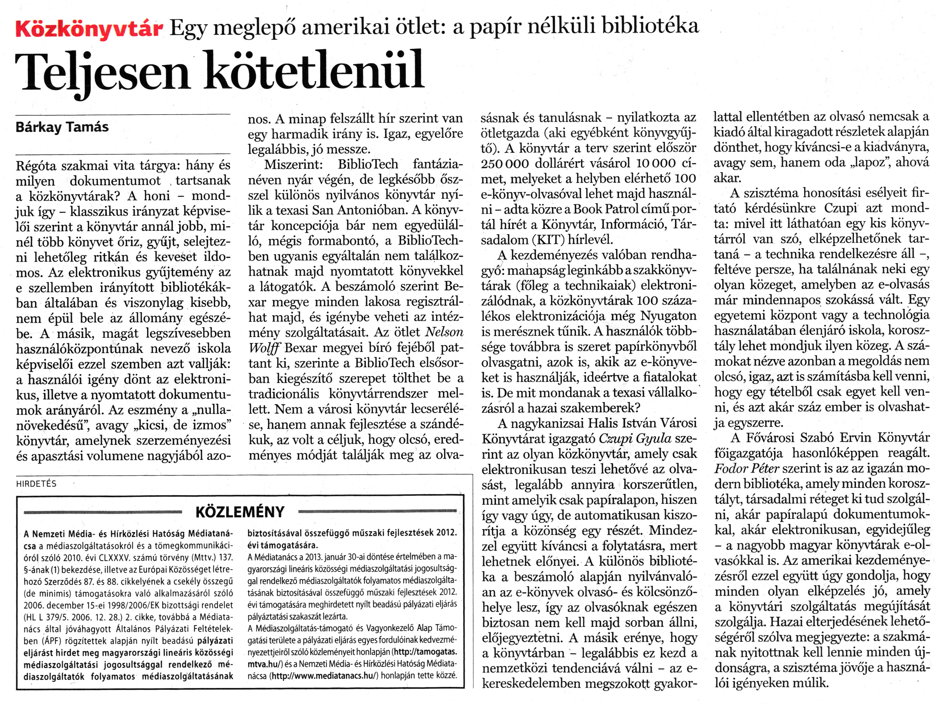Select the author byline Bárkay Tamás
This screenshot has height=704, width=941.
point(62,127)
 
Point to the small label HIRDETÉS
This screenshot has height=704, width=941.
point(36,484)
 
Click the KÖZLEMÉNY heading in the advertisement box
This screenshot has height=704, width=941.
point(240,512)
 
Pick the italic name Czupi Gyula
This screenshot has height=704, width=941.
point(635,439)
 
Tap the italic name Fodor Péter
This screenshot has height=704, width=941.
point(746,469)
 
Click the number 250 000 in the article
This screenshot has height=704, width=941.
point(504,163)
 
